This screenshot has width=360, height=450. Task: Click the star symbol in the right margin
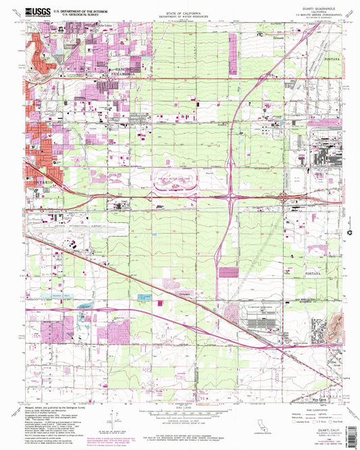349,232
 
